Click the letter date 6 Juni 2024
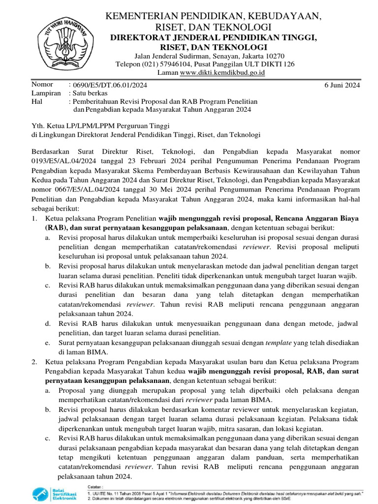coord(342,85)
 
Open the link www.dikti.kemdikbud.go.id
coord(222,72)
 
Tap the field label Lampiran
coord(46,93)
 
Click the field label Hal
coord(37,101)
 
